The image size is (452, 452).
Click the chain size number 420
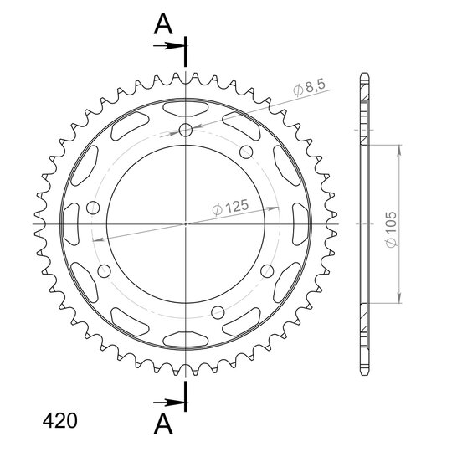pos(60,421)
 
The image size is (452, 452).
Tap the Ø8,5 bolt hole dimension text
pos(310,87)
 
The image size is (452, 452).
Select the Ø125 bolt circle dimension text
pos(230,208)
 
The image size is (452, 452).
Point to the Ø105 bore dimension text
pos(392,229)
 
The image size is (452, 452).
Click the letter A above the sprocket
pos(163,24)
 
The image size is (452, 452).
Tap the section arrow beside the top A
pos(168,45)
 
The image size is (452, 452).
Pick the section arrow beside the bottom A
pos(168,403)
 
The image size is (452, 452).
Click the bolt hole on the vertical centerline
pos(186,131)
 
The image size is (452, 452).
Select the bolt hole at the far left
pos(93,208)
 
